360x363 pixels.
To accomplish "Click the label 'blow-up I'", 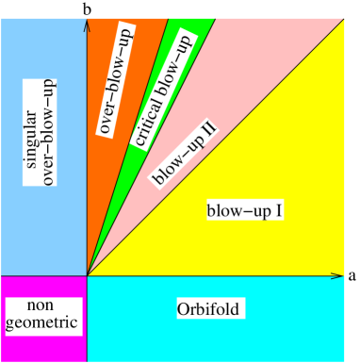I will tap(245, 209).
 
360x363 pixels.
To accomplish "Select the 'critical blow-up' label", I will tap(159, 90).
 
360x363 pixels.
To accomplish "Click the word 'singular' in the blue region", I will tap(31, 142).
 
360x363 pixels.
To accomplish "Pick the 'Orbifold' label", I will tap(211, 308).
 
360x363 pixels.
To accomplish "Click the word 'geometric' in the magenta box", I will tap(41, 322).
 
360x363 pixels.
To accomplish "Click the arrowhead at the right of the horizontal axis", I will tap(336, 275).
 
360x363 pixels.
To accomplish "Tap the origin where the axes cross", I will tap(87, 275).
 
